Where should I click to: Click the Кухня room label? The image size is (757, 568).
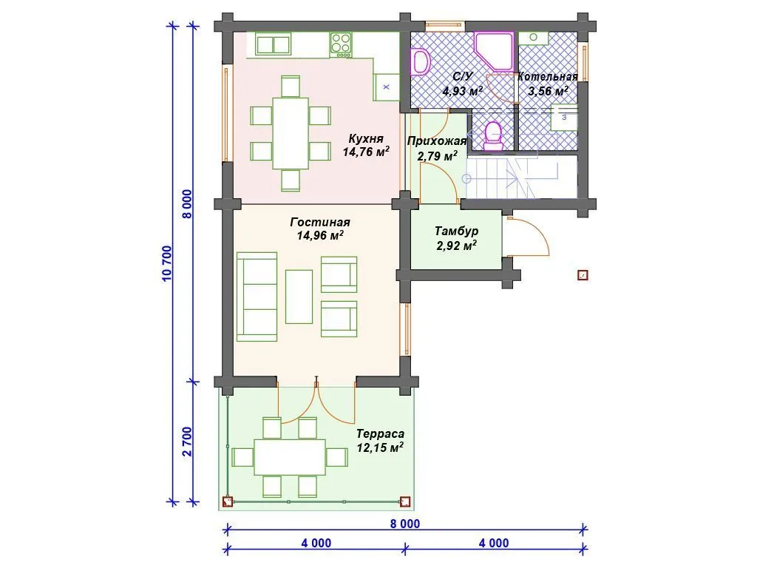point(366,138)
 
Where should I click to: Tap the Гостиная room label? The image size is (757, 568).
point(320,222)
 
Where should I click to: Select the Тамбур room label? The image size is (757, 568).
point(456,231)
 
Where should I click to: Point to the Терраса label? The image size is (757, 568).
point(381,433)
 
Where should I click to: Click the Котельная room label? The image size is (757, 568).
point(548,77)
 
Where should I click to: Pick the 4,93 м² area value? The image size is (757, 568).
point(463,91)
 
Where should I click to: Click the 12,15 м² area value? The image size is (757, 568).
point(380,447)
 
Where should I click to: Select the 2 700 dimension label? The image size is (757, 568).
point(187,442)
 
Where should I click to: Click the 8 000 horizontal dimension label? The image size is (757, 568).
point(405,524)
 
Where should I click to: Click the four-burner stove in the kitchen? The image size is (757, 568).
point(341,44)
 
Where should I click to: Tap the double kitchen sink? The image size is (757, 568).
point(274,44)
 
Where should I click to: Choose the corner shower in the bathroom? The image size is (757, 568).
point(493,52)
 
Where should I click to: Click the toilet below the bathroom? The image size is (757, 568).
point(493,136)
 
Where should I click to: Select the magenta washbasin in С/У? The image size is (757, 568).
point(421,62)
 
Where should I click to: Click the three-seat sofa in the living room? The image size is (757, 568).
point(257,297)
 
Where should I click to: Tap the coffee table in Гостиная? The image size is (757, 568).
point(299,297)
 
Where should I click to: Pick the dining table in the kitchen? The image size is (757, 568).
point(291,133)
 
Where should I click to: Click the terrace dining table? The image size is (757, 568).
point(290,457)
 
